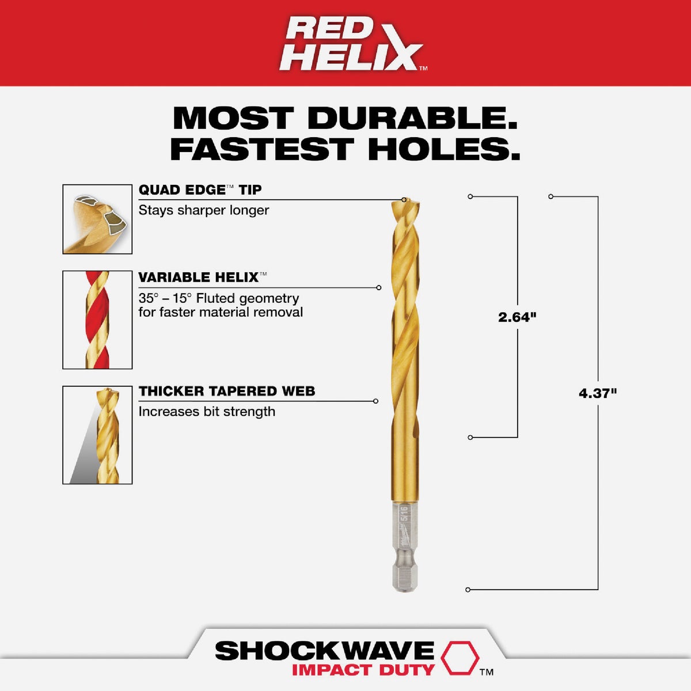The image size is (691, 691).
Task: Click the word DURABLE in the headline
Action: click(412, 119)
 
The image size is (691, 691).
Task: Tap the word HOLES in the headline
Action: click(443, 149)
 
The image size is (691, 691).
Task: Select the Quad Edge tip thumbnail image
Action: click(97, 219)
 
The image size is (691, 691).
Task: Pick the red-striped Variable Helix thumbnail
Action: click(97, 320)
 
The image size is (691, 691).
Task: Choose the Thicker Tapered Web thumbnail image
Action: click(97, 435)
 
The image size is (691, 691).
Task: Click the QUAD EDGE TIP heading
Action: click(200, 190)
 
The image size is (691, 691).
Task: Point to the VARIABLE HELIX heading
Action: click(199, 278)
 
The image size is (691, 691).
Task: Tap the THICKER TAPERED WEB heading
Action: click(227, 392)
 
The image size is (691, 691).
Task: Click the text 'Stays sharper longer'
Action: click(204, 210)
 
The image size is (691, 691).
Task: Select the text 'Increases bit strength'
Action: click(207, 412)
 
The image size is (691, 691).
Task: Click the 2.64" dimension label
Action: click(517, 317)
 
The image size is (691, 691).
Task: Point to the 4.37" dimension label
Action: click(598, 394)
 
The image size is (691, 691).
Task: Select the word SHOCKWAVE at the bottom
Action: click(324, 651)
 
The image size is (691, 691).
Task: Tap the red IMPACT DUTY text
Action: click(363, 670)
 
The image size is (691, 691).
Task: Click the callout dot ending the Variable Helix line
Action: click(378, 287)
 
